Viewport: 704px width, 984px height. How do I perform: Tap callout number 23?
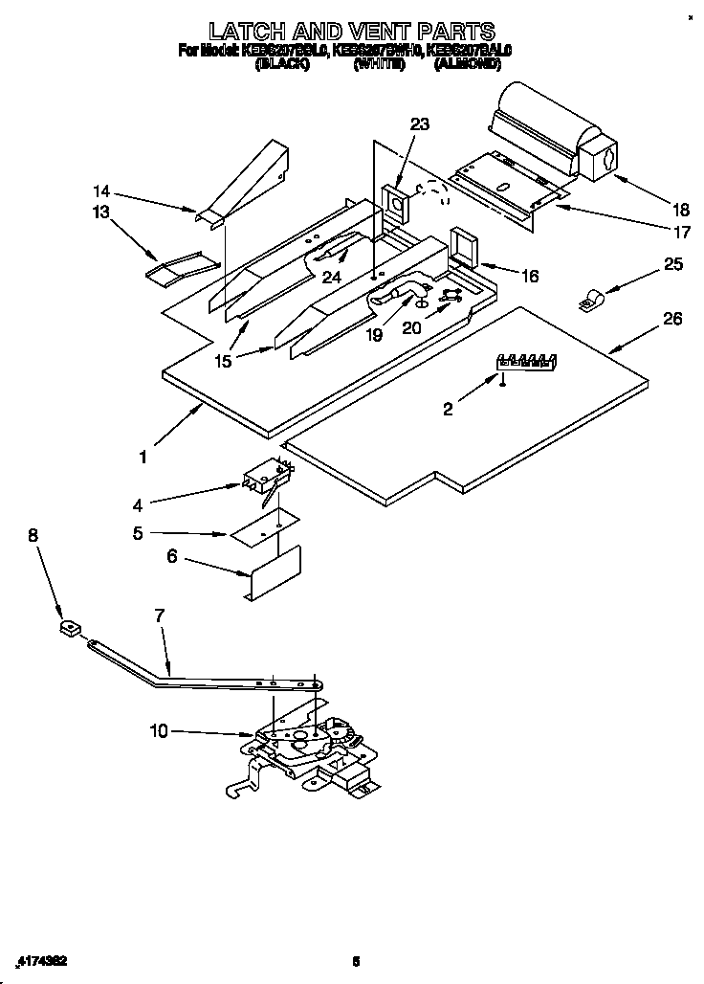click(420, 124)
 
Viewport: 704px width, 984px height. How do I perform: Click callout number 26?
click(672, 320)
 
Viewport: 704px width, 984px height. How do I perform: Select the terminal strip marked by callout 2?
click(524, 361)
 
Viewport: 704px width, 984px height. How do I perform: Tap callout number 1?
click(143, 458)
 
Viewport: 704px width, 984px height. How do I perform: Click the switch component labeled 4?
click(265, 478)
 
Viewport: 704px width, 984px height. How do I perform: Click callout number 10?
click(159, 731)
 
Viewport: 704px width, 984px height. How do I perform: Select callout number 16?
click(529, 277)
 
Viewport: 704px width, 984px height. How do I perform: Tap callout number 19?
click(374, 336)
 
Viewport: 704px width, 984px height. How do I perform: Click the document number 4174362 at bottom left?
click(41, 960)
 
